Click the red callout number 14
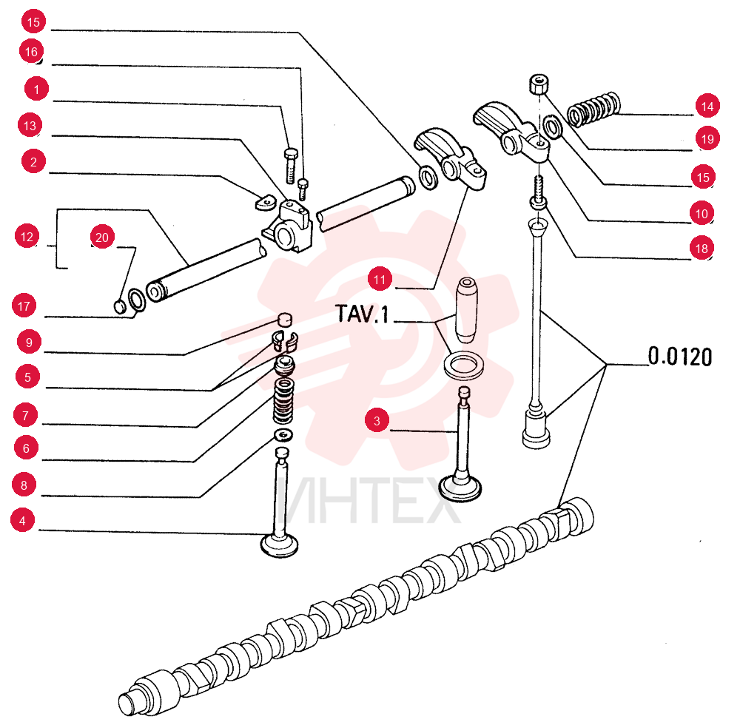707,106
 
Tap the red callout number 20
102,237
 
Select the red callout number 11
380,279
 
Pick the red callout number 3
377,420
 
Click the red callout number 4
22,520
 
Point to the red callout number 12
27,236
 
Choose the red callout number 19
707,138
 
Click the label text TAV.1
362,314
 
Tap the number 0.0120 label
679,356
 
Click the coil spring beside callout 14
593,109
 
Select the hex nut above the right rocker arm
538,84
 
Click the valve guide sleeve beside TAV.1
466,309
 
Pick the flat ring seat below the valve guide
464,366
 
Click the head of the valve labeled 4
280,545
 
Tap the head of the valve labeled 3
460,489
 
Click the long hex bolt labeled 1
291,166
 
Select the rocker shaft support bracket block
288,226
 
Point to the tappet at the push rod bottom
536,429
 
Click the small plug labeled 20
121,306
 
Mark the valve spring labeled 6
283,400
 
